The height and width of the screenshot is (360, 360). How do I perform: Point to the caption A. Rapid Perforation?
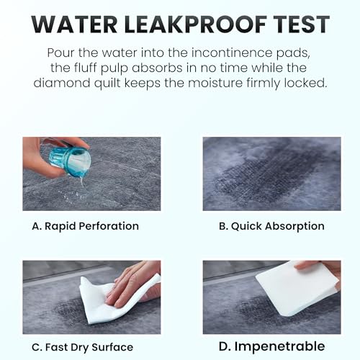86,225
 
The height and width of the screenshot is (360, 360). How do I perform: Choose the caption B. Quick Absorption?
271,225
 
